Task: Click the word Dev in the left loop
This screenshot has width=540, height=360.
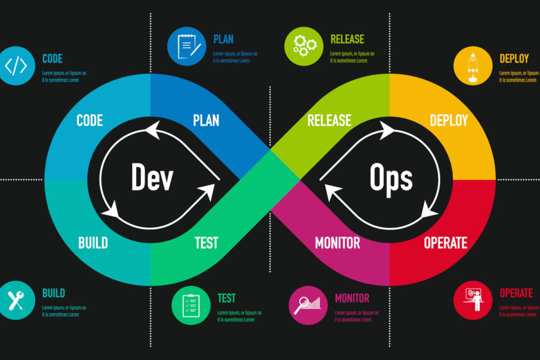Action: click(152, 178)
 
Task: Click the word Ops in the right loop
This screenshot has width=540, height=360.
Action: click(391, 178)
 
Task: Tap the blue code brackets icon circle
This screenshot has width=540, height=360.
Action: click(16, 65)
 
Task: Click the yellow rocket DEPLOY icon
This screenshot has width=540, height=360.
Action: click(473, 65)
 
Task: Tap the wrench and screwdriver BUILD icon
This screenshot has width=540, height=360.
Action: click(16, 300)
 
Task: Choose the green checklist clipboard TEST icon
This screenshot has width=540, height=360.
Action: click(191, 305)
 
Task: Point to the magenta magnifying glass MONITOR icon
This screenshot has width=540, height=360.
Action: click(308, 305)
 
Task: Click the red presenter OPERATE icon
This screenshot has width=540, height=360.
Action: click(473, 300)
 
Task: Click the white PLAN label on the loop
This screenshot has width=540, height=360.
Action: click(206, 120)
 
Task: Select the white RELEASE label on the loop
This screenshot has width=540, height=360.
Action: click(329, 120)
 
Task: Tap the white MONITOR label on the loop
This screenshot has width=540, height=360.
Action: click(337, 243)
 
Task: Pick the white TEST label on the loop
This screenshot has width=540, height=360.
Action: click(206, 243)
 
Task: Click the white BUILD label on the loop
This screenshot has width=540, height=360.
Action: click(93, 243)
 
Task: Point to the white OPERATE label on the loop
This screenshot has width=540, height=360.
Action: click(446, 243)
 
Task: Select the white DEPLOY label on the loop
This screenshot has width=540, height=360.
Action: click(449, 120)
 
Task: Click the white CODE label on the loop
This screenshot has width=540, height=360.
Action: click(89, 120)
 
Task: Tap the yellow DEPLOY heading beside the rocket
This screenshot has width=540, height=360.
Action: click(514, 59)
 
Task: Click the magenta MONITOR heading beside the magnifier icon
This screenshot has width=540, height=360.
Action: click(352, 299)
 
